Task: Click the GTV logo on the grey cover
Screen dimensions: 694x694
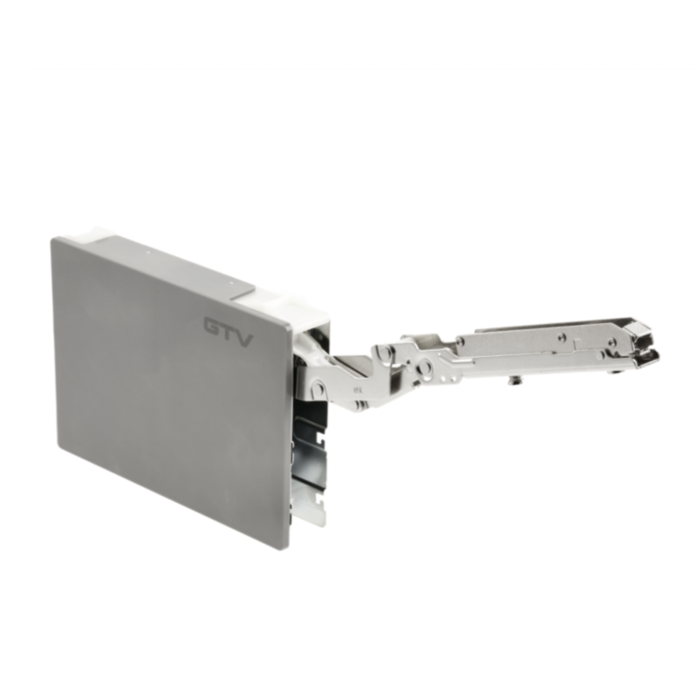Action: [x=228, y=332]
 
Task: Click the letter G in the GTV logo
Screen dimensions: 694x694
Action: [x=213, y=326]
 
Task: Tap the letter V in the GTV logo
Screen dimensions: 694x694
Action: [x=244, y=339]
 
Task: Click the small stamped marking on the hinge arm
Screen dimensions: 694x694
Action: [x=357, y=391]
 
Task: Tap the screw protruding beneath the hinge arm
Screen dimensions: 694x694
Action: [x=514, y=380]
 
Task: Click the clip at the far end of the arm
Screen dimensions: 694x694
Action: [x=642, y=343]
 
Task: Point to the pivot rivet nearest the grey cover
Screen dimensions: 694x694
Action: [x=317, y=388]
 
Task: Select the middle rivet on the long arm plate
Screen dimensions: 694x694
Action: [x=561, y=337]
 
